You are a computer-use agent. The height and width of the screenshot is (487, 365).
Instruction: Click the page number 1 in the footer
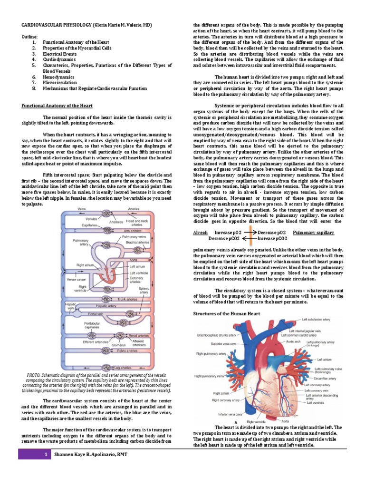45,455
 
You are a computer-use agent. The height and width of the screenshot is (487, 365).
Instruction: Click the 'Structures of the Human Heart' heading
226,314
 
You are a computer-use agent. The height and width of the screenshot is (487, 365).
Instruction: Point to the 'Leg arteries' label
123,368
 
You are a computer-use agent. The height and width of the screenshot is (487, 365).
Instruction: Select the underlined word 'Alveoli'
200,233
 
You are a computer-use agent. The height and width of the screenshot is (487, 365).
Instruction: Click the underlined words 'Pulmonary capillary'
313,233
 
